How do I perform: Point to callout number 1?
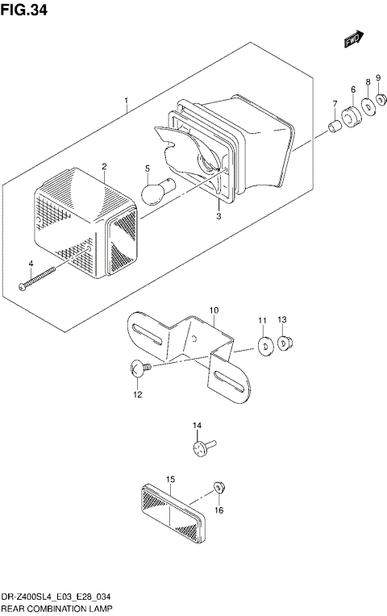127,102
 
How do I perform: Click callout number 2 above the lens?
104,166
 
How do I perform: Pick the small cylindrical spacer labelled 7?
333,127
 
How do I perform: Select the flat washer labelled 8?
368,107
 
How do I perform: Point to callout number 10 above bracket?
214,310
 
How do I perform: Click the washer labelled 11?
263,346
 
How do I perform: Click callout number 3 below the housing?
218,215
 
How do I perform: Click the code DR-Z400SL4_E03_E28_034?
56,596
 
